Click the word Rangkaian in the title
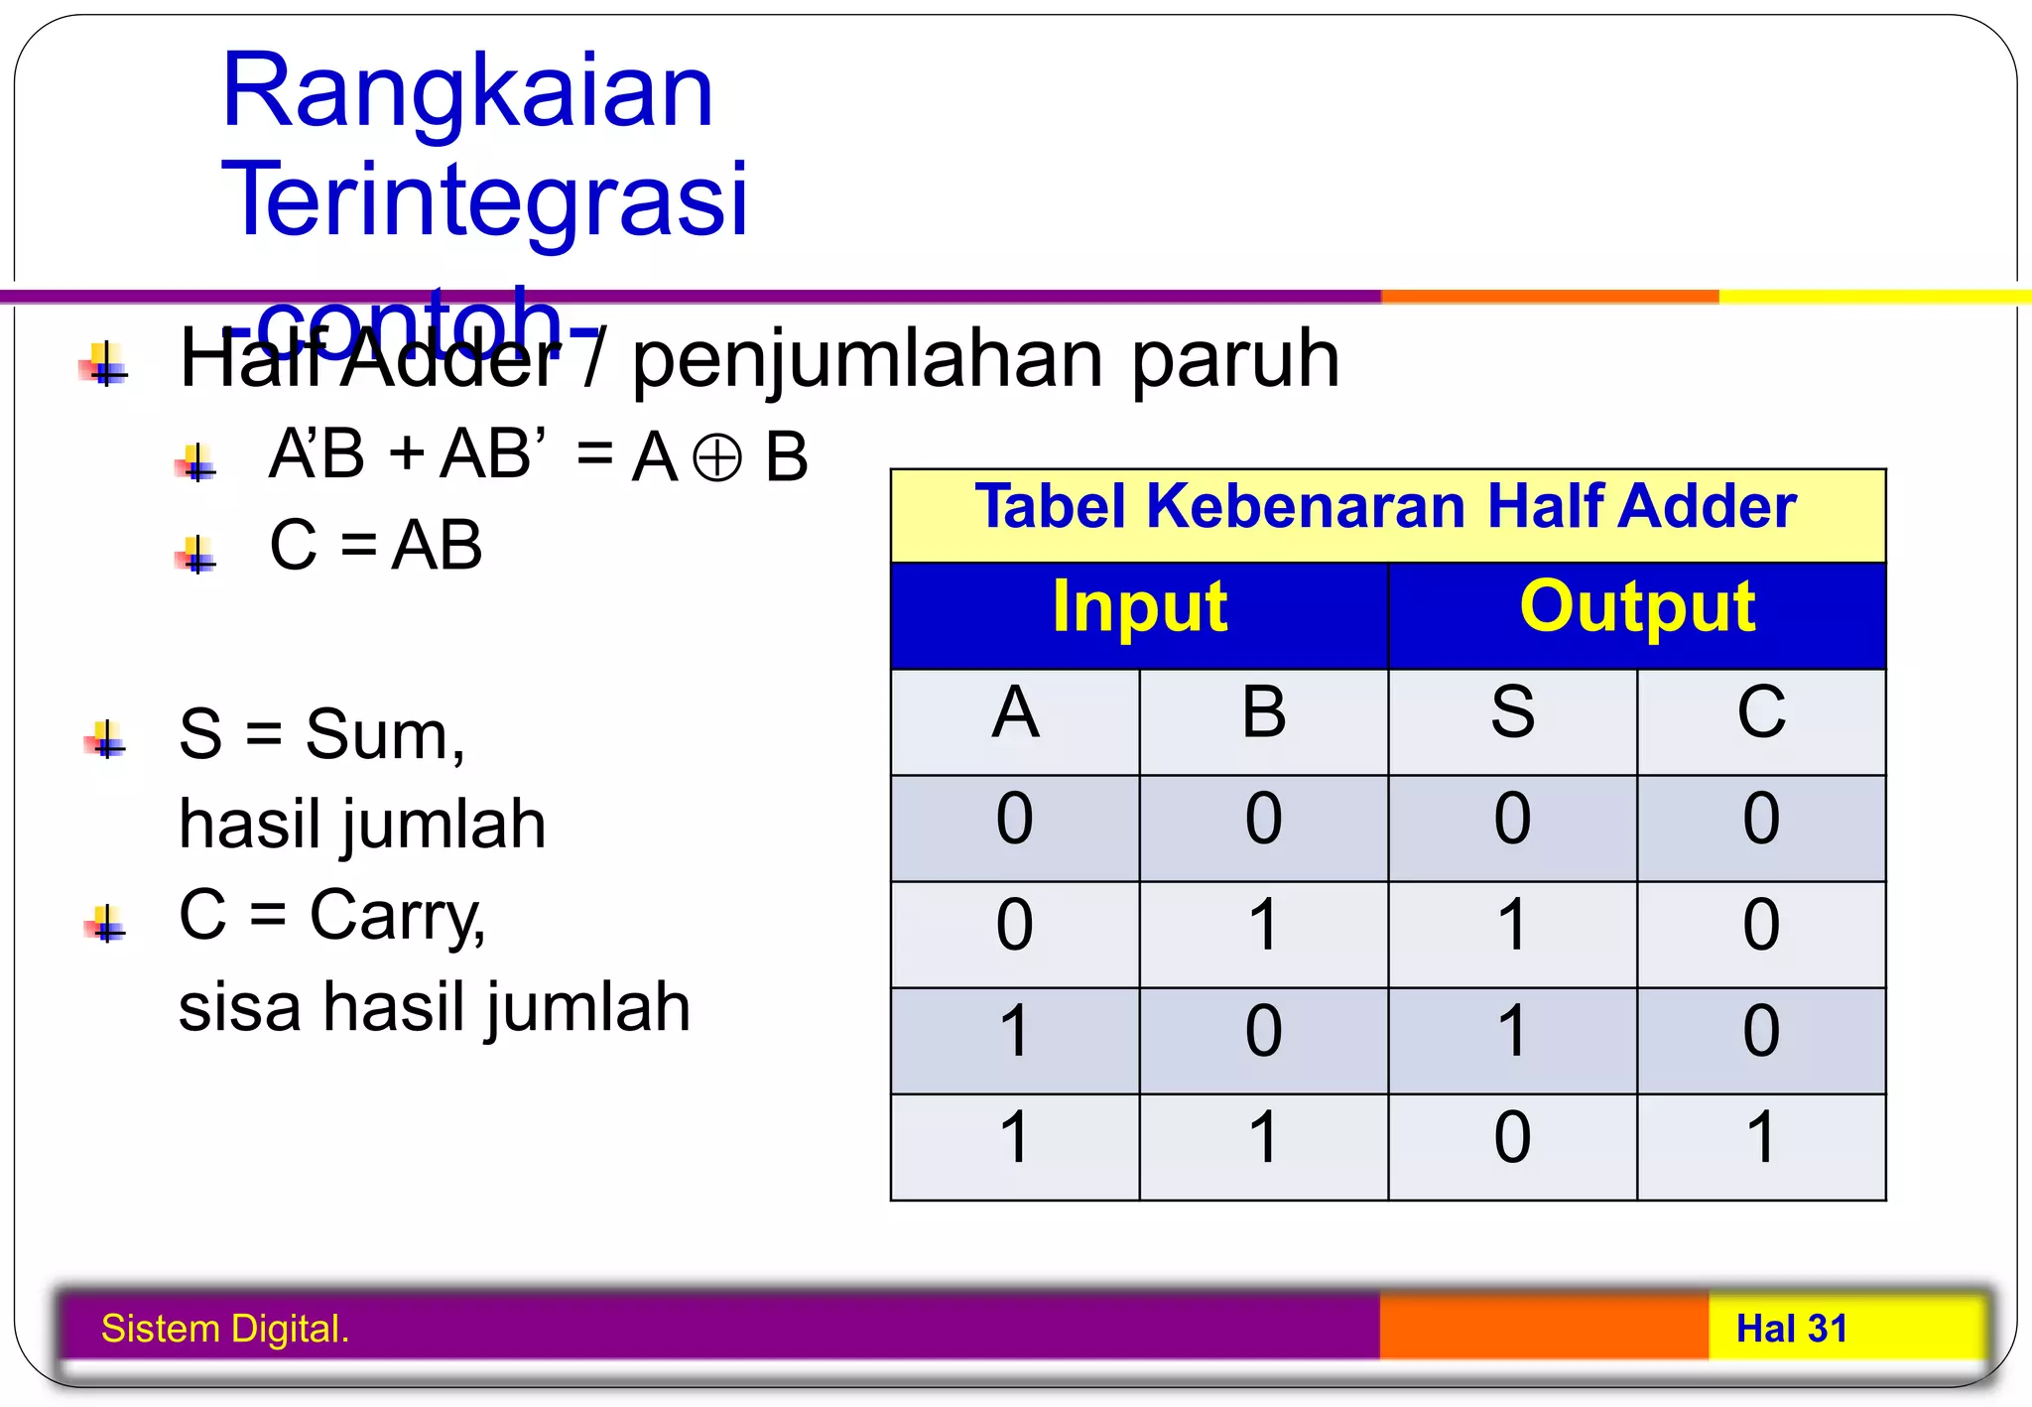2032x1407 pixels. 467,91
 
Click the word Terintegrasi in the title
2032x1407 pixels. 484,199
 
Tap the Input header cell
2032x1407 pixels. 1139,607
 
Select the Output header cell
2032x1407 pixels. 1637,607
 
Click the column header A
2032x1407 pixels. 1015,713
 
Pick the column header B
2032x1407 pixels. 1263,713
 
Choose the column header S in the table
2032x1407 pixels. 1512,713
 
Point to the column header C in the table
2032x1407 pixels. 1761,713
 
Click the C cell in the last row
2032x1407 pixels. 1761,1138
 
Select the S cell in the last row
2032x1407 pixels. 1512,1138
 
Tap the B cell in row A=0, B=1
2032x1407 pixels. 1263,926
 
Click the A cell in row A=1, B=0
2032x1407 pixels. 1015,1032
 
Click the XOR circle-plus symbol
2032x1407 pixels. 716,458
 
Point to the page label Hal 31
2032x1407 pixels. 1792,1329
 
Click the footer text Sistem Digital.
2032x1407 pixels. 225,1329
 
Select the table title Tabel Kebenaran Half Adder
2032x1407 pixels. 1386,507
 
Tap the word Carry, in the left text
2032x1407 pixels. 397,916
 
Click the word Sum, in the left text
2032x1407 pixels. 385,736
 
